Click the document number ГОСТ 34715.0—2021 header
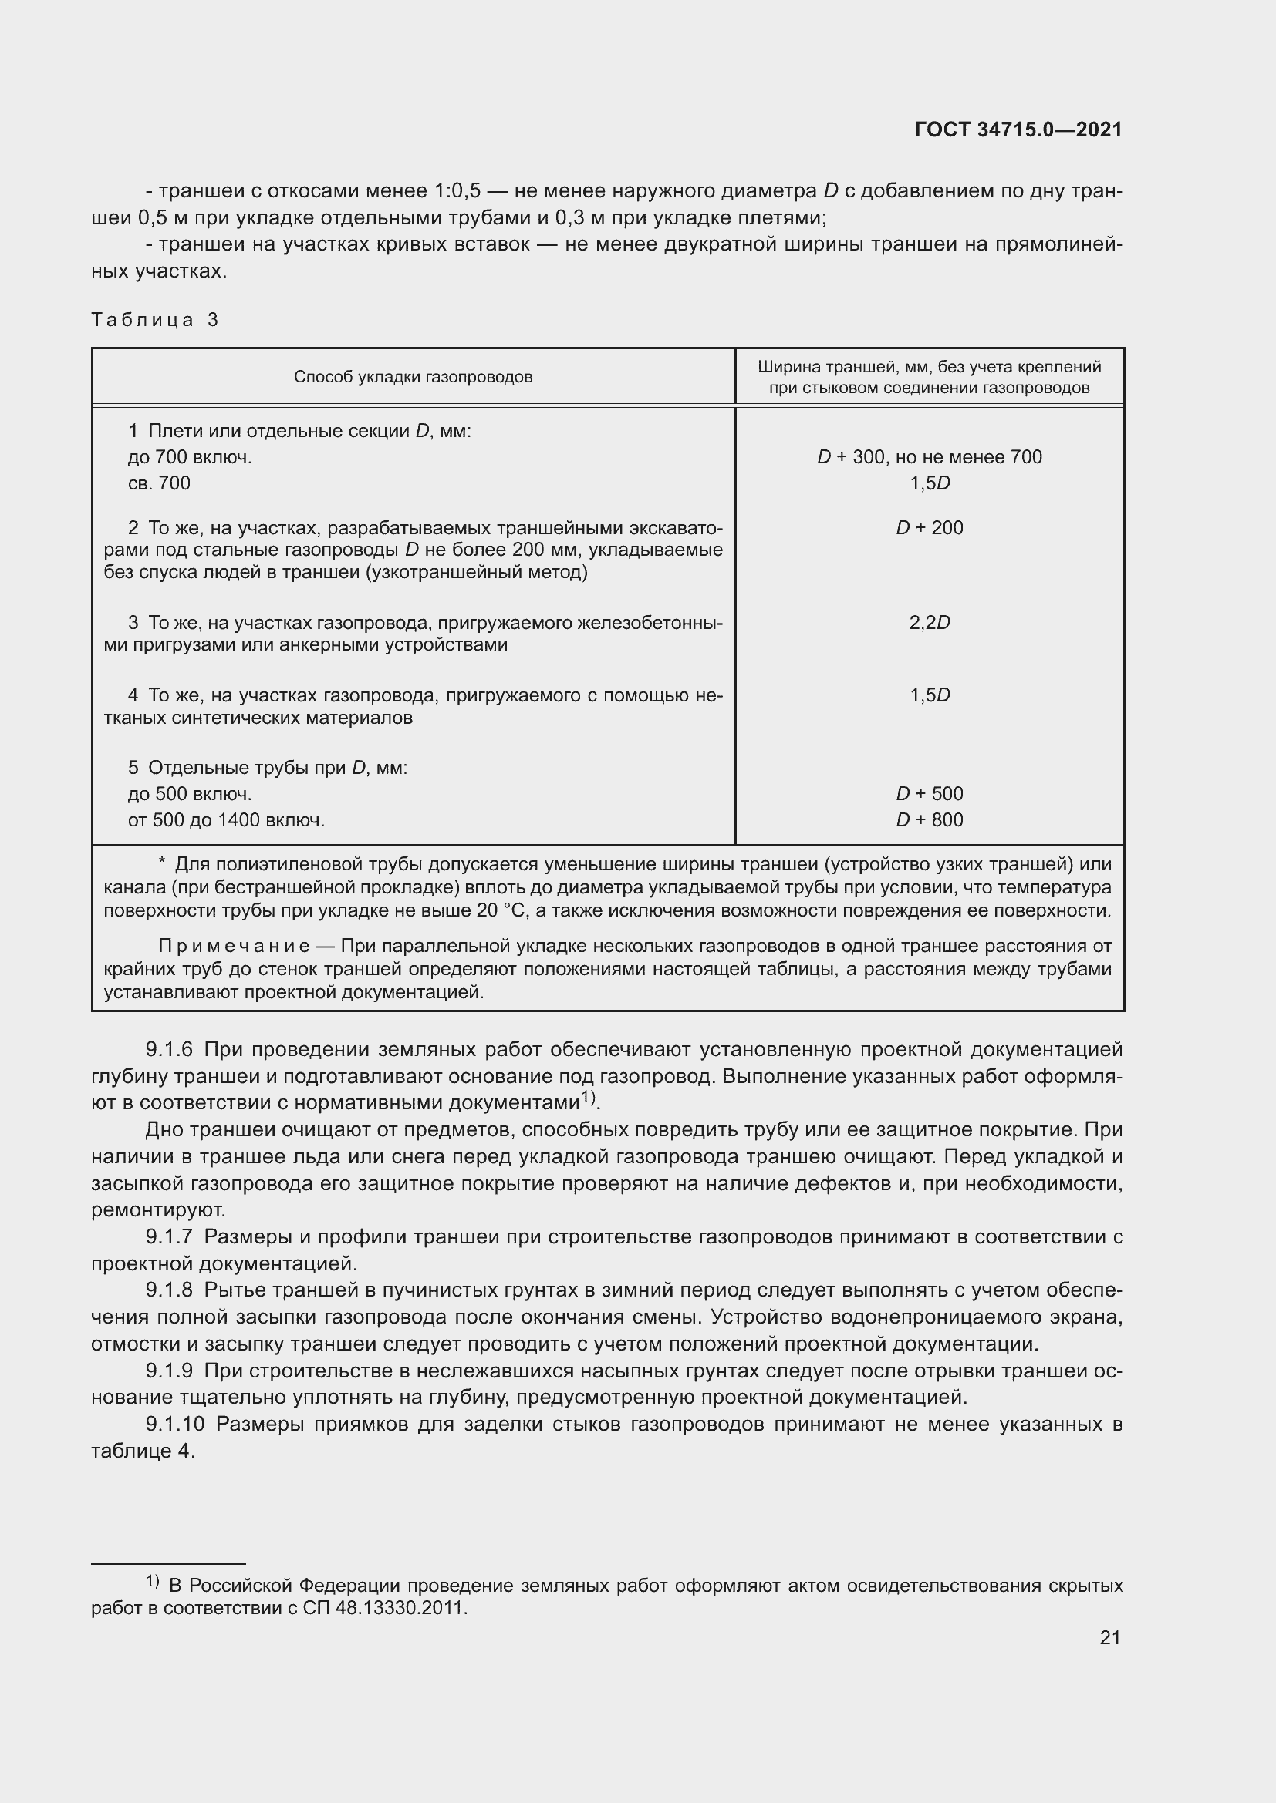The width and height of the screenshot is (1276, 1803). coord(1018,130)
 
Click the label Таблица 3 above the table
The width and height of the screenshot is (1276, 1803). coord(155,320)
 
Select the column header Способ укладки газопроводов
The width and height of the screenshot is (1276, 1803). coord(413,377)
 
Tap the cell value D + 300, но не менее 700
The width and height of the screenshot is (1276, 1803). coord(929,457)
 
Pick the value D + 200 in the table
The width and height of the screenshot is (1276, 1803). coord(929,528)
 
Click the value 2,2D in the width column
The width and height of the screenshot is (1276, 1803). coord(929,623)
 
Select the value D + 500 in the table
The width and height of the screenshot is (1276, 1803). coord(929,794)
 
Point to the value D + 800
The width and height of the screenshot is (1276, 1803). coord(929,820)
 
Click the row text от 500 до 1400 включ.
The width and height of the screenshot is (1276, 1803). coord(226,821)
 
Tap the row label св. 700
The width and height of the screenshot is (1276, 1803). coord(159,484)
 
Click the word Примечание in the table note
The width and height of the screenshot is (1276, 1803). coord(233,947)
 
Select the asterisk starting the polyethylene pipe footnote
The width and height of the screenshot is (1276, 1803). coord(162,864)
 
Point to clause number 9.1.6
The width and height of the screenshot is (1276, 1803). coord(169,1050)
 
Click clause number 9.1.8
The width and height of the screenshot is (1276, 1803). coord(169,1290)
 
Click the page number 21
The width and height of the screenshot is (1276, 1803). coord(1109,1637)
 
